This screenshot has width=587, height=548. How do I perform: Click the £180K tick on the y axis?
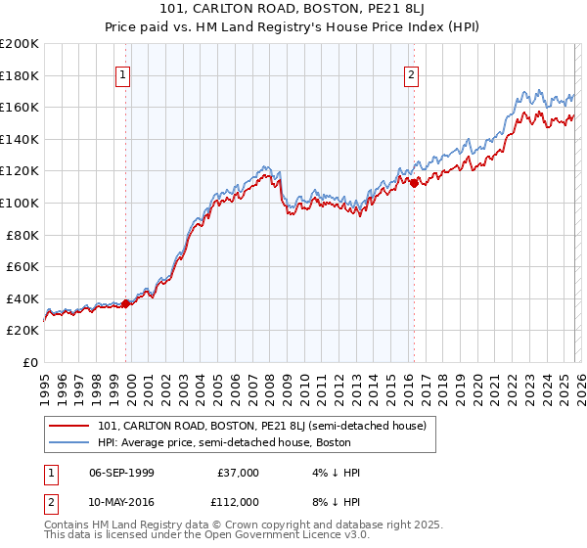pos(20,75)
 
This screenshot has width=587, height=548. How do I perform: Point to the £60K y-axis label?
pos(23,266)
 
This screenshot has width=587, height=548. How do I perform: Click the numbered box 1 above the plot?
pos(123,74)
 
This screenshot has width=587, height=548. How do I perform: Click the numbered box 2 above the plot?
pos(411,74)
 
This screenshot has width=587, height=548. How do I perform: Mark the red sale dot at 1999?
pos(126,303)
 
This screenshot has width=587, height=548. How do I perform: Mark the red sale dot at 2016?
pos(414,182)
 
